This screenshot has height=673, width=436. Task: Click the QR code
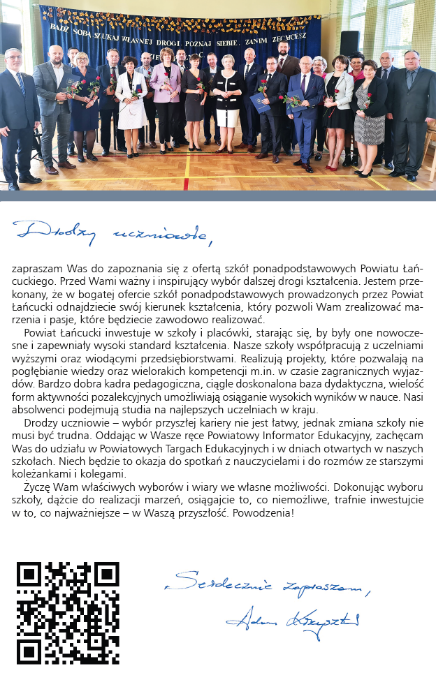[x=68, y=612]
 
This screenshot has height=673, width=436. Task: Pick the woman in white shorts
[x=228, y=105]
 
